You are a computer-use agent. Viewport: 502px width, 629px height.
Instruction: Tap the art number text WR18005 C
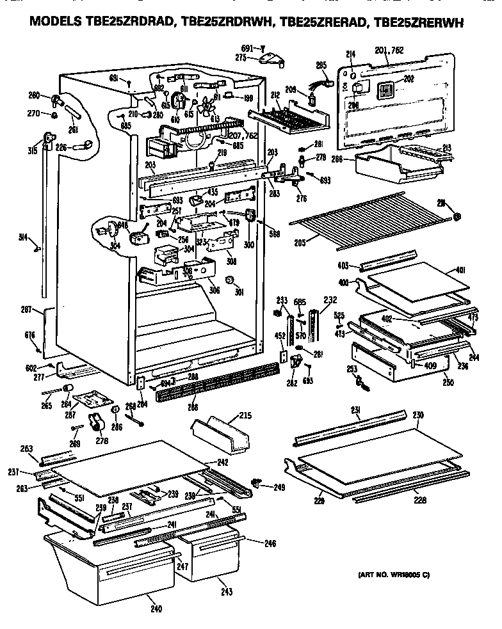tap(391, 575)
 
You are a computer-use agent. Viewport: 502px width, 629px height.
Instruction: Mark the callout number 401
tap(460, 271)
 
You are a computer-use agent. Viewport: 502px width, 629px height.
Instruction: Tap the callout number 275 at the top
tap(241, 58)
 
